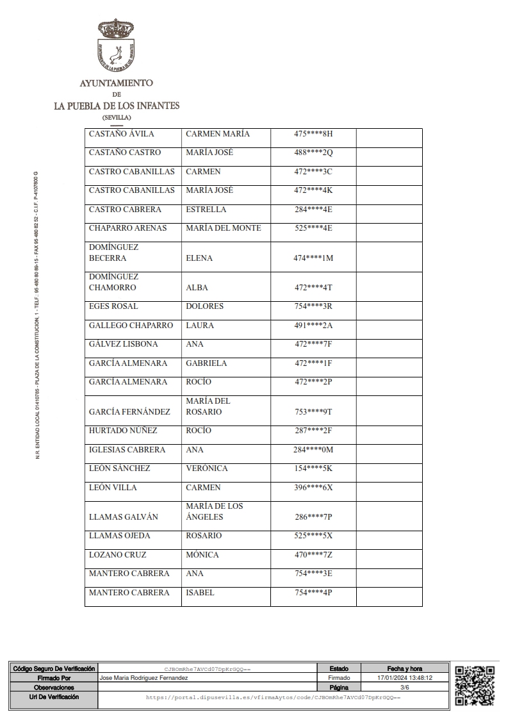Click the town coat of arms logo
pos(116,45)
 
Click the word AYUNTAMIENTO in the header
pos(116,83)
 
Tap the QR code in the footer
pos(475,685)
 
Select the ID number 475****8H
pos(314,134)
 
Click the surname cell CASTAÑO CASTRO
pos(125,153)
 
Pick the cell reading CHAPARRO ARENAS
pos(127,228)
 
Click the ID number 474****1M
pos(314,258)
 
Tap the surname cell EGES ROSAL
pos(113,306)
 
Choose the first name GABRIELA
pos(206,363)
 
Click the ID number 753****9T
pos(314,412)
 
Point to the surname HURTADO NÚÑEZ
pos(123,431)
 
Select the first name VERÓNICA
pos(207,468)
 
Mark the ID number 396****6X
pos(314,488)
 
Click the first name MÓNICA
pos(202,555)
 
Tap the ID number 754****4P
pos(313,593)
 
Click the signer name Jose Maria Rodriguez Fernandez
pos(144,677)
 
